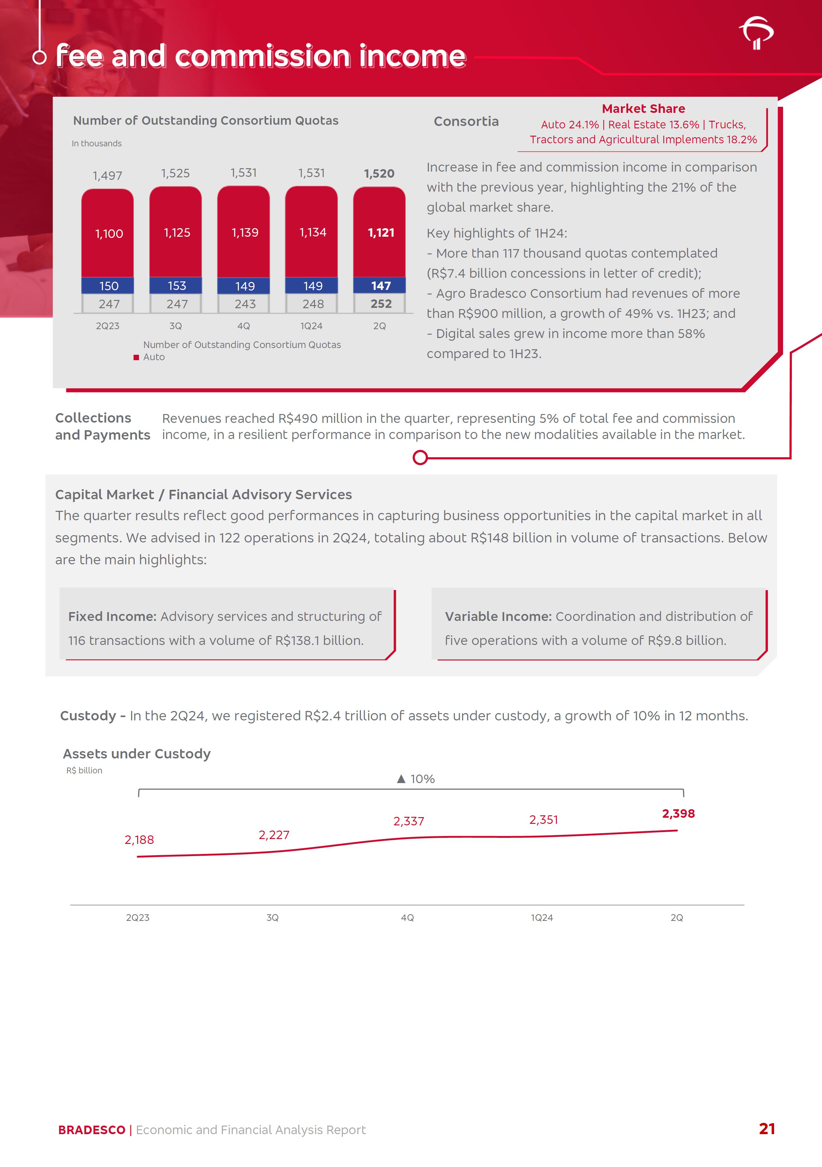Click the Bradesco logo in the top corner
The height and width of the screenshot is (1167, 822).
click(756, 33)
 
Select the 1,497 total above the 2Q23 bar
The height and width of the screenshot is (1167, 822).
click(107, 176)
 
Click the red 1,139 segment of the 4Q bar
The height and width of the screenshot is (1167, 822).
click(245, 233)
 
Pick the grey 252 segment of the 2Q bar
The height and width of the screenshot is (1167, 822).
click(380, 304)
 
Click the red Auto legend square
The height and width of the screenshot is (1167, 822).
click(136, 357)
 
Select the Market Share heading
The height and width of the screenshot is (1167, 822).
click(643, 109)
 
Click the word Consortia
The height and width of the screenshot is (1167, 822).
click(466, 121)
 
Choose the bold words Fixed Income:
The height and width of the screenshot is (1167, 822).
click(112, 617)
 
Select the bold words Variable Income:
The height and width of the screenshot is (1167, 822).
click(498, 617)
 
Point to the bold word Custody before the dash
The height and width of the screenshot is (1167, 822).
click(88, 716)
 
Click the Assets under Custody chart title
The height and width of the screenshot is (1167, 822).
click(137, 754)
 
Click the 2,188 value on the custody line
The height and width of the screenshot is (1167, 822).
click(139, 840)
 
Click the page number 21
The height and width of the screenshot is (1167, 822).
click(767, 1129)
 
